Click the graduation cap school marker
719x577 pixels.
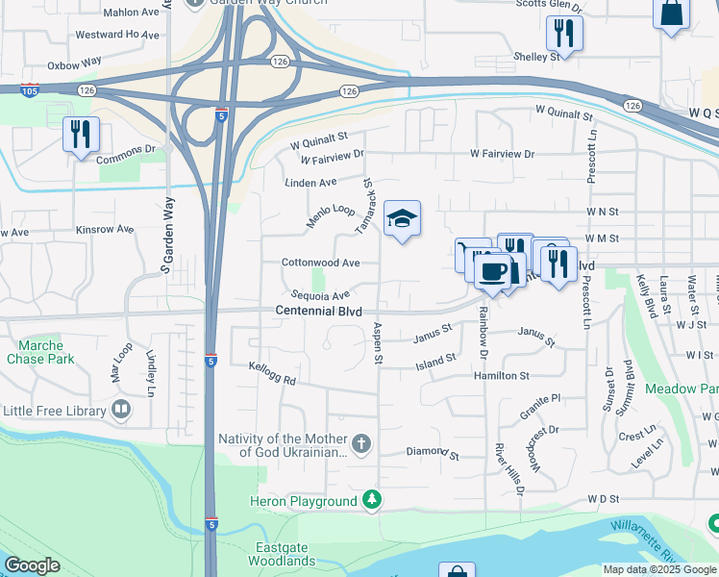click(403, 219)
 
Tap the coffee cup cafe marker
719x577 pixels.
click(493, 272)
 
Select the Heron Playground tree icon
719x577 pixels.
click(370, 501)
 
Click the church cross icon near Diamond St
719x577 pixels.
click(361, 443)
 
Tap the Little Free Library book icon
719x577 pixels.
click(121, 411)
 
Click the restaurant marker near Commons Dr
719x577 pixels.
click(81, 134)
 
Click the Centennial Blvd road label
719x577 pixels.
click(319, 311)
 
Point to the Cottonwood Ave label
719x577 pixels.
click(320, 263)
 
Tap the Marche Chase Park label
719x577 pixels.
click(40, 352)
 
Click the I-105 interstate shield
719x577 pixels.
click(30, 89)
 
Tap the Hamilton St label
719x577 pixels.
click(501, 376)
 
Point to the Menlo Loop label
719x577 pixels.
click(331, 215)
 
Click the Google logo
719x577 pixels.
click(33, 565)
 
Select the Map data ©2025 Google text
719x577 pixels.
click(658, 569)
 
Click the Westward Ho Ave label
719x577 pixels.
click(117, 35)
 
